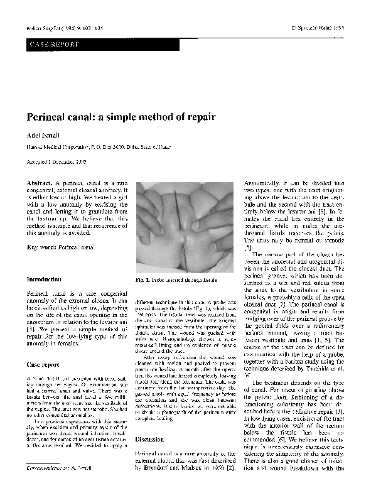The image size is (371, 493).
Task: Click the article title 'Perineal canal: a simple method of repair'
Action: pos(120,117)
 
